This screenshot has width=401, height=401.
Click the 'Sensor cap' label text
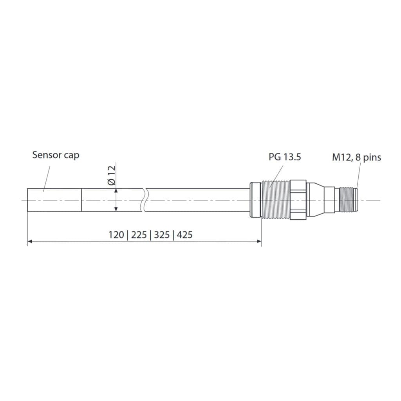[56, 155]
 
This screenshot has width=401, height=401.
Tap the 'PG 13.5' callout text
[285, 157]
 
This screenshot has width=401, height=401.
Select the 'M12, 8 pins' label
[356, 157]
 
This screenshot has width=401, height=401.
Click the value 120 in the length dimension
[116, 235]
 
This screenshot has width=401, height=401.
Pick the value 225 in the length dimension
[139, 235]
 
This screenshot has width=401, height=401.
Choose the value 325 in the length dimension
[162, 235]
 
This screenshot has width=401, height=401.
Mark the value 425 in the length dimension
[185, 235]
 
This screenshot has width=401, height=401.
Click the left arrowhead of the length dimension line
[29, 242]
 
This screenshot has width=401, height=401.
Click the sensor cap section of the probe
[54, 200]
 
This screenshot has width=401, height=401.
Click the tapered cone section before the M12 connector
[318, 200]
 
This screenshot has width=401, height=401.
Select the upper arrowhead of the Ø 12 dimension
[116, 191]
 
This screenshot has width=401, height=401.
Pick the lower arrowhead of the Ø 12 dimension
[116, 209]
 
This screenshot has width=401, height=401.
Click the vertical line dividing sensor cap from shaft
[81, 200]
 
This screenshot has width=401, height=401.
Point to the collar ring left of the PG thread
[255, 200]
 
